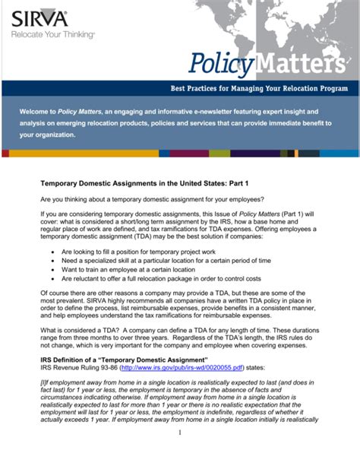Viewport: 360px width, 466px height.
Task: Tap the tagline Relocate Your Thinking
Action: click(x=52, y=34)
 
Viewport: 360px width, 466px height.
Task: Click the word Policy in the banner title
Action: click(x=219, y=64)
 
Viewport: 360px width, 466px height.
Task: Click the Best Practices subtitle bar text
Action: click(x=258, y=88)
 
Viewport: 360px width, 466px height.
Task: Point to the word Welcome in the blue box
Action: click(x=35, y=111)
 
